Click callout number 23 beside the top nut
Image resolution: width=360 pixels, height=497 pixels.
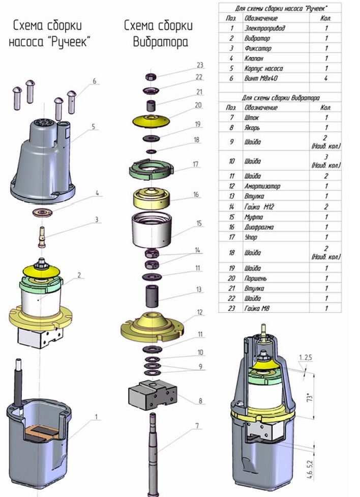click(x=200, y=65)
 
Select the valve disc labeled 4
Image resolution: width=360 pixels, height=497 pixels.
click(x=42, y=211)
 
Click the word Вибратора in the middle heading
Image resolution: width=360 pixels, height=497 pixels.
click(x=160, y=42)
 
